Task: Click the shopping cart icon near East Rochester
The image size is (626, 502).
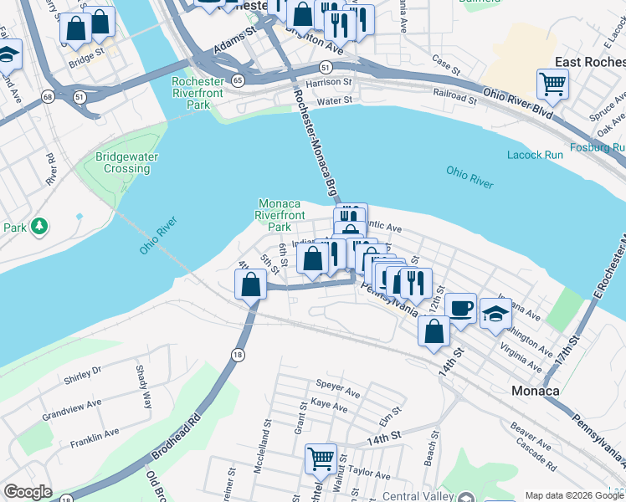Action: pos(552,83)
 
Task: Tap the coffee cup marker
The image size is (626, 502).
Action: pos(460,307)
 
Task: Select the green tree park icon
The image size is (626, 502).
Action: pos(38,227)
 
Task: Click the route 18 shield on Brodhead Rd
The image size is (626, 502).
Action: pos(239,356)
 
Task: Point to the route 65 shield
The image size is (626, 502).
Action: pos(239,80)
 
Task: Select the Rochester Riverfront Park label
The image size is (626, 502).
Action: pos(198,93)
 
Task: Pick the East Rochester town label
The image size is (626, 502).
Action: pos(590,62)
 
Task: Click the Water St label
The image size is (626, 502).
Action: pos(334,100)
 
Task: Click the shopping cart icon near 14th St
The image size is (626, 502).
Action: pos(320,458)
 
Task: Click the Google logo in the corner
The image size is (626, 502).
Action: pos(28,492)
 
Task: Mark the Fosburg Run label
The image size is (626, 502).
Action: pos(597,147)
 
